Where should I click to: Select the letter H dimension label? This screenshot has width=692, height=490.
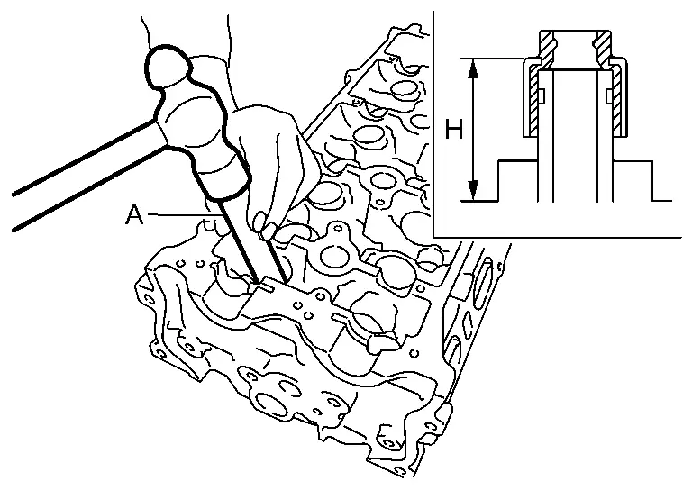pos(454,131)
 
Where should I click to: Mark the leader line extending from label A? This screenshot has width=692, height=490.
pos(180,214)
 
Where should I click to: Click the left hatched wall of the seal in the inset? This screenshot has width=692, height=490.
pos(533,99)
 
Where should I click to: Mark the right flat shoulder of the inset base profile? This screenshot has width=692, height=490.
pos(634,161)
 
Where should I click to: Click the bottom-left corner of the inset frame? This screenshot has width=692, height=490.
pos(434,236)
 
